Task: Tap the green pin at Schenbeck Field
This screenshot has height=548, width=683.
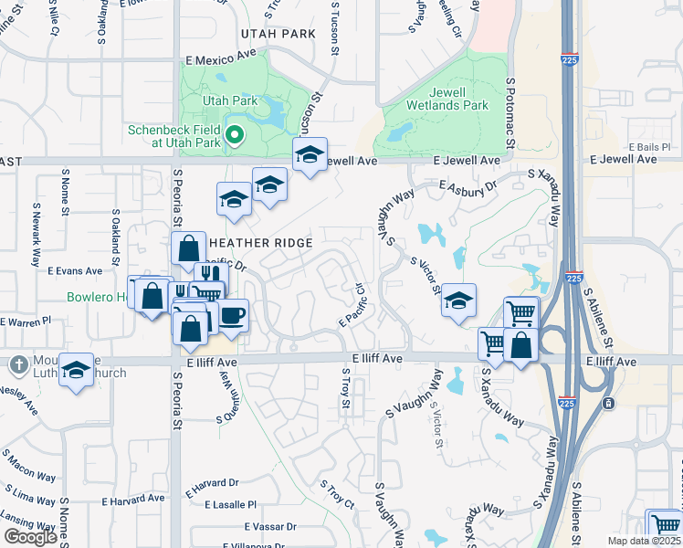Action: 234,137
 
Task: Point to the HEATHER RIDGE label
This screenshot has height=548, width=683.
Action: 261,243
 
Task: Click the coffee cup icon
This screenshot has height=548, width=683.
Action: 232,315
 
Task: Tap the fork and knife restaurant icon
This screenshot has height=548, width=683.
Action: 208,276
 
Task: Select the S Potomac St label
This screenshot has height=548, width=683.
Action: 511,114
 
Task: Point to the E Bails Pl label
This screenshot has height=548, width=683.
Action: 649,147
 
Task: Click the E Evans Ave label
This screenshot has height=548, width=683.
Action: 76,271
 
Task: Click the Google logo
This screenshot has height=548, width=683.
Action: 31,537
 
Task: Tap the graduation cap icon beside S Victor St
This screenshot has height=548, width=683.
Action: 458,300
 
